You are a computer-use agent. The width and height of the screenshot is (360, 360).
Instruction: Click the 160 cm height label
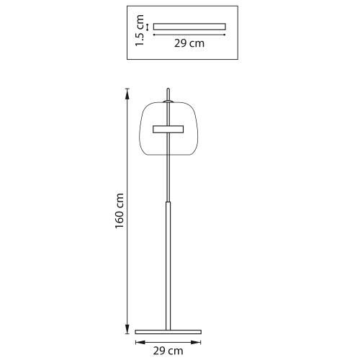coord(120,211)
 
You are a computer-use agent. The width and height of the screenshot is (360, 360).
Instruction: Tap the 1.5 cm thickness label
coord(140,30)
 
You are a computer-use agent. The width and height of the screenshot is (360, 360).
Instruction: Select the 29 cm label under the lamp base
coord(168,351)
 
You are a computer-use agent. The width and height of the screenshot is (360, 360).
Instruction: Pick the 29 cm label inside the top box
coord(189,43)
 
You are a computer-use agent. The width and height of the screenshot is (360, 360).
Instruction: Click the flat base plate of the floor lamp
coord(168,332)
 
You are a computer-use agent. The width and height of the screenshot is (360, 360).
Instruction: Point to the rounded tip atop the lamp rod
coord(168,90)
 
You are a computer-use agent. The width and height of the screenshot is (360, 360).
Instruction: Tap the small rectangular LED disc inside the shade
coord(168,129)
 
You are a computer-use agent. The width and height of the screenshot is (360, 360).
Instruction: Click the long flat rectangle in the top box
coord(189,27)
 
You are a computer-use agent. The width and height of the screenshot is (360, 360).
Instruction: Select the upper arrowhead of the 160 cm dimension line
coord(127,94)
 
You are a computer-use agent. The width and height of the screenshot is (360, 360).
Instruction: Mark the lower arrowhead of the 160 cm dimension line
coord(127,328)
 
